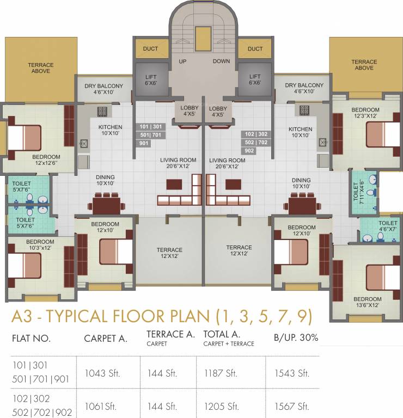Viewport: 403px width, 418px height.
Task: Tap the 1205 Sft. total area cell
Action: [x=221, y=406]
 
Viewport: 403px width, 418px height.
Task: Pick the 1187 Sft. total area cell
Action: [x=221, y=373]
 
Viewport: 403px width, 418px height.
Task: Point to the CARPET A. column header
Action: [x=106, y=338]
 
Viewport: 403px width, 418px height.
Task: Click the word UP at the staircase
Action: [x=182, y=62]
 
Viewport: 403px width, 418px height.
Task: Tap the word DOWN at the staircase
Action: [x=221, y=62]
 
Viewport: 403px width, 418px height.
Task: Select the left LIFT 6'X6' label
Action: [x=150, y=80]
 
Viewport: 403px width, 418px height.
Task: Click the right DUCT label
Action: [x=255, y=49]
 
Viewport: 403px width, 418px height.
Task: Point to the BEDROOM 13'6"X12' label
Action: [x=367, y=302]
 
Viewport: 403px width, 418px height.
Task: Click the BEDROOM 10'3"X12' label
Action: [x=40, y=245]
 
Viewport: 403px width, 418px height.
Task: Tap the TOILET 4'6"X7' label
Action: [x=388, y=226]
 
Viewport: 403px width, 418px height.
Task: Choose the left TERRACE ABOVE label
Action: [x=41, y=68]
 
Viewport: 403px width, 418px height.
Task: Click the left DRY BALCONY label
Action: [x=103, y=89]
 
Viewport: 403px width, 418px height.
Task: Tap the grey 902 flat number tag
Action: [x=249, y=151]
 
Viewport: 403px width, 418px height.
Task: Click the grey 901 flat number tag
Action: [x=143, y=143]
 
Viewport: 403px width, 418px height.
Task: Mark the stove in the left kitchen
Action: [x=102, y=112]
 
